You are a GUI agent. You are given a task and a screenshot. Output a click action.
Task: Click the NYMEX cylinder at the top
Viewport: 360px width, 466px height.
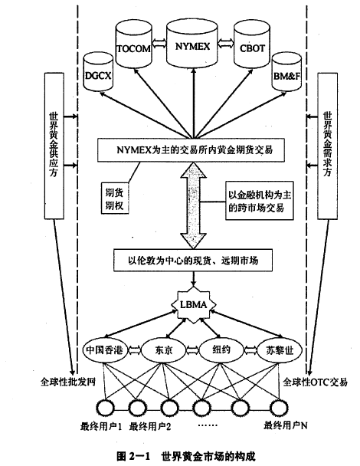pos(192,44)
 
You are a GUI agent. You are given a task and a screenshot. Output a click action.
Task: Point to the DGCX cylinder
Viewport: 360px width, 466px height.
pos(98,72)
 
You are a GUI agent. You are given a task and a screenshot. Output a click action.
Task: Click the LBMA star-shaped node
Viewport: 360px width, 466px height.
pos(194,305)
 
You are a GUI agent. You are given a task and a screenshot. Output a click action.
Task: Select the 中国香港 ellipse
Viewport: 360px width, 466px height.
pos(104,350)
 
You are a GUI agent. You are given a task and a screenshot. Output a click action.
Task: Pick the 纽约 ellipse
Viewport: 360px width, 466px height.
pos(221,350)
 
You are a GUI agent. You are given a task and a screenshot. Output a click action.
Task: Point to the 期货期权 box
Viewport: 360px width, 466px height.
pos(114,197)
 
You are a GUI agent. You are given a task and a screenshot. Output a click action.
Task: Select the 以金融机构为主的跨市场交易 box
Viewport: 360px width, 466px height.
pos(260,201)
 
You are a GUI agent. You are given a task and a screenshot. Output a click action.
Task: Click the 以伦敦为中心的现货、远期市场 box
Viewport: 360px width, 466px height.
pos(193,261)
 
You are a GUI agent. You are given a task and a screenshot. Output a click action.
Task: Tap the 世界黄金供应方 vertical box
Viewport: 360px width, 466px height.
pos(54,146)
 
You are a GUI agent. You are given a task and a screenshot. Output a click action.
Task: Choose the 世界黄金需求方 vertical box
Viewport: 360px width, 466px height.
pos(327,146)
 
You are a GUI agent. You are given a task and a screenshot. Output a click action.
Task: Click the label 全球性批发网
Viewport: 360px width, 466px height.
pos(68,381)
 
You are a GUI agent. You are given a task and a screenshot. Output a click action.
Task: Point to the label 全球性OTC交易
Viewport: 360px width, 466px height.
pos(315,382)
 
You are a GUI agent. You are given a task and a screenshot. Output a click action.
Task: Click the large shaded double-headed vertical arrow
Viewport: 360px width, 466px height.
pos(193,205)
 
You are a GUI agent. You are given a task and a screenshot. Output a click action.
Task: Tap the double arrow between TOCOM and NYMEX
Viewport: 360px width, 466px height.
pos(159,45)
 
